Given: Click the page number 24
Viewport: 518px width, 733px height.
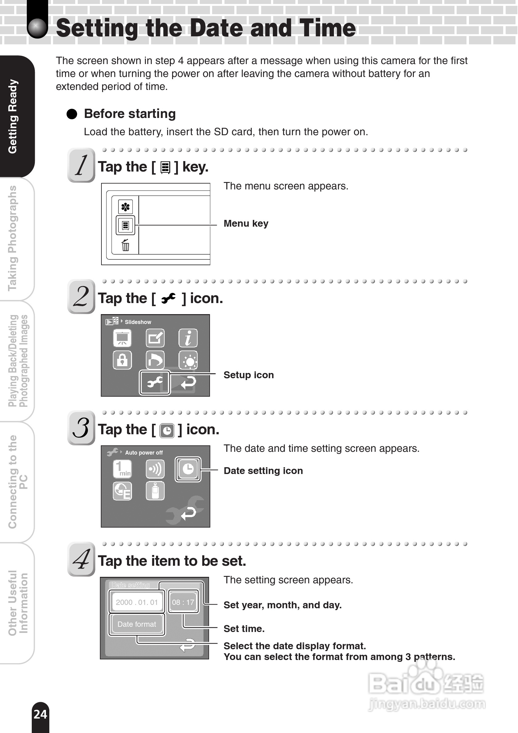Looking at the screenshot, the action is tap(40, 714).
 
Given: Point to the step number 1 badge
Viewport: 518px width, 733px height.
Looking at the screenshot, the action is tap(81, 165).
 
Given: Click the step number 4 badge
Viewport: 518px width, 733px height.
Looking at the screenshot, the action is tap(81, 559).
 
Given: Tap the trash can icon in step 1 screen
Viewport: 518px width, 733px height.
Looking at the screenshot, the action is tap(125, 245).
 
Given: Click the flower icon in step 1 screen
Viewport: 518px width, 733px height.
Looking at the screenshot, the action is tap(125, 207).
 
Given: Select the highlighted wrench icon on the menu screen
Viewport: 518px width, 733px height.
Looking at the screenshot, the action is tap(155, 382).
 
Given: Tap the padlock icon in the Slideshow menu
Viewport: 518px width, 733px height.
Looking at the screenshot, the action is tap(122, 360).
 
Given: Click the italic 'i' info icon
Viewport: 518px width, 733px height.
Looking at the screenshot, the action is tap(188, 338).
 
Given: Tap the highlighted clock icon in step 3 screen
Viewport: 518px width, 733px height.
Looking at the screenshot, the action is tap(188, 469).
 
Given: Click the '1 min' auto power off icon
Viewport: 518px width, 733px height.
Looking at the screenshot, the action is tap(122, 469).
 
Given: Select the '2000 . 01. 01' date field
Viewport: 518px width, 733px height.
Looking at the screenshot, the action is tap(137, 602).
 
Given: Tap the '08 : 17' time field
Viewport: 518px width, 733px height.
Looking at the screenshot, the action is tap(183, 602).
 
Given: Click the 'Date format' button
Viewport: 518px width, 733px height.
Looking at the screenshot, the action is tap(137, 624).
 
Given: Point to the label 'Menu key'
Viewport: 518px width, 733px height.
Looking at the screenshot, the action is tap(246, 224).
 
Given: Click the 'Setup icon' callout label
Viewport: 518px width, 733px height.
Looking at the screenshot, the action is tap(249, 375).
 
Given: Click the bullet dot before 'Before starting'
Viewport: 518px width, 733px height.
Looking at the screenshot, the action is tap(72, 114).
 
